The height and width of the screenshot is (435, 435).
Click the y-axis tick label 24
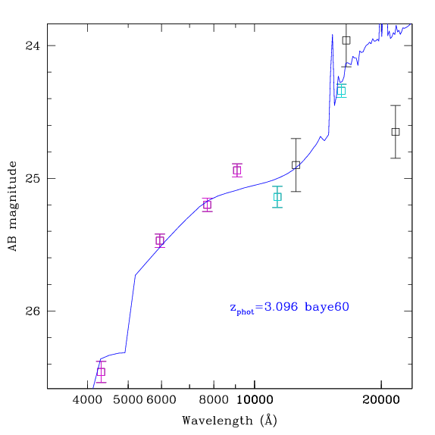pos(33,45)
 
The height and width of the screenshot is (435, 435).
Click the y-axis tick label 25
pos(33,178)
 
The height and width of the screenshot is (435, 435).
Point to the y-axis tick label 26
pos(33,311)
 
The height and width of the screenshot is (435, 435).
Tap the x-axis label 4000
pos(87,400)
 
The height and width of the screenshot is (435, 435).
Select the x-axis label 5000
pos(128,400)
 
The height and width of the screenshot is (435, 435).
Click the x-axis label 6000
pos(161,400)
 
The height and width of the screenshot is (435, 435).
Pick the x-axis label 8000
pos(214,400)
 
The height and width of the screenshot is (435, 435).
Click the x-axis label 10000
pos(255,400)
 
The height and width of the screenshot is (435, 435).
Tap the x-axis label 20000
pos(381,400)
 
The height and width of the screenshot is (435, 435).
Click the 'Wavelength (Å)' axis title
pos(230,421)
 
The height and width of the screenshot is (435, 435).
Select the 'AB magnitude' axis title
pos(13,206)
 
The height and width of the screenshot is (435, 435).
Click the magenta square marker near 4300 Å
pos(102,372)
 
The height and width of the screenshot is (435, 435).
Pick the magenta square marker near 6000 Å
pos(160,240)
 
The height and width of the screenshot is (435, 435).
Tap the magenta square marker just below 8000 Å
pos(207,205)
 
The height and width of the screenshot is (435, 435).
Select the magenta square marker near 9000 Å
pos(237,170)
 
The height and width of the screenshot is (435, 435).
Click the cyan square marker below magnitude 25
pos(277,197)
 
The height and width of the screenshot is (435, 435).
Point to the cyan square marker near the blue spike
pos(341,91)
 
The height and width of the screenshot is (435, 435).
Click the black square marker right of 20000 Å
pos(396,132)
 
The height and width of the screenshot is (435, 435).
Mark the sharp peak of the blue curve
pos(333,35)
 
